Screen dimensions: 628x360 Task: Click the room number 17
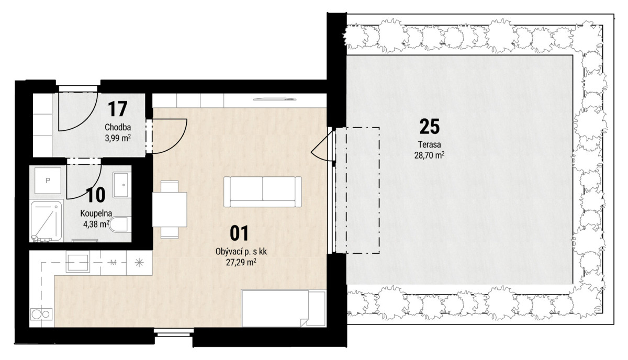click(x=117, y=109)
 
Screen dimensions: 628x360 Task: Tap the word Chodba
click(x=118, y=127)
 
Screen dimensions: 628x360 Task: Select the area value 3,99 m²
click(x=118, y=138)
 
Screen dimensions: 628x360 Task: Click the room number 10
click(x=96, y=195)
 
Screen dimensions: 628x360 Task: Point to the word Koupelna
click(x=96, y=213)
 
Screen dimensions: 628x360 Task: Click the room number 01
click(x=239, y=233)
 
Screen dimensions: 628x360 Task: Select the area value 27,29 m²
click(x=241, y=263)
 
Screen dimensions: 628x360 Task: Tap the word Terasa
click(x=430, y=144)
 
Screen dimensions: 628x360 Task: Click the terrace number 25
click(x=430, y=127)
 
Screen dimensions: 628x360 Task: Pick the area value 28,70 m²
click(x=429, y=155)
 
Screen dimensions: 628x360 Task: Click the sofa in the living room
click(x=263, y=192)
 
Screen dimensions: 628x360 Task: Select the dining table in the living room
click(x=170, y=209)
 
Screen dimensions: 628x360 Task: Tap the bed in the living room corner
click(x=284, y=308)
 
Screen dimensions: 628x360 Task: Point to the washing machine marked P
click(x=48, y=181)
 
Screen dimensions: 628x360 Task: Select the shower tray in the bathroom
click(x=46, y=221)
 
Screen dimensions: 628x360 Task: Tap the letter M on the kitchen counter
click(x=113, y=263)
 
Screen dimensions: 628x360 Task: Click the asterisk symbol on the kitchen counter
click(x=139, y=263)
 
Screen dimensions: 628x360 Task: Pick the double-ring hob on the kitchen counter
click(x=41, y=314)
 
